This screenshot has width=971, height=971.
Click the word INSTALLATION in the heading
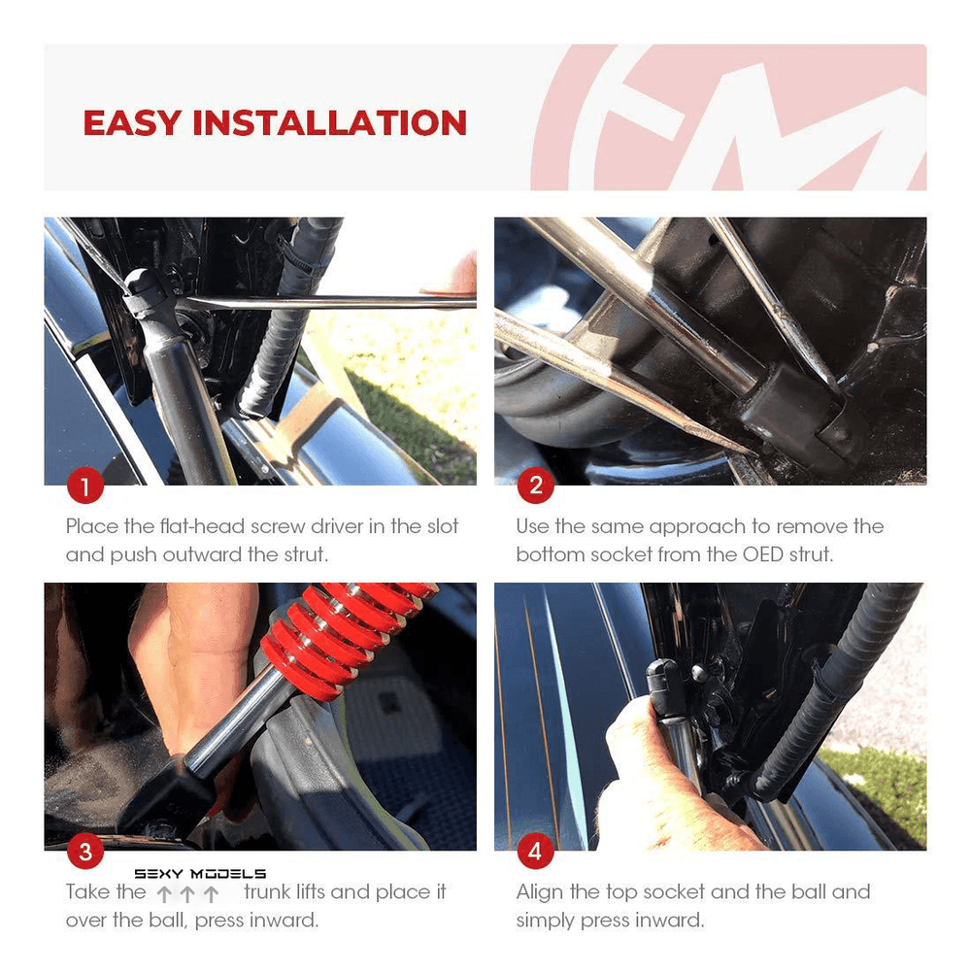pyautogui.click(x=329, y=123)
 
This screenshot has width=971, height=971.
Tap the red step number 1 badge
pyautogui.click(x=85, y=486)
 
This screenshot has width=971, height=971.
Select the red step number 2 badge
pyautogui.click(x=535, y=486)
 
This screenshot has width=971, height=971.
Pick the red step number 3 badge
pyautogui.click(x=85, y=852)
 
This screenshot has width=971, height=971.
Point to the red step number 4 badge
pyautogui.click(x=535, y=852)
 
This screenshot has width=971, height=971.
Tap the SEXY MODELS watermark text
pyautogui.click(x=200, y=874)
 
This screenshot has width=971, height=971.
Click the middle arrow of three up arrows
pyautogui.click(x=187, y=894)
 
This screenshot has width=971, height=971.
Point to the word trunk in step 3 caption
pyautogui.click(x=271, y=891)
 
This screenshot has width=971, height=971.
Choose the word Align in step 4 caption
pyautogui.click(x=540, y=891)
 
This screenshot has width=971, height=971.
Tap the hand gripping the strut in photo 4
pyautogui.click(x=641, y=767)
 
